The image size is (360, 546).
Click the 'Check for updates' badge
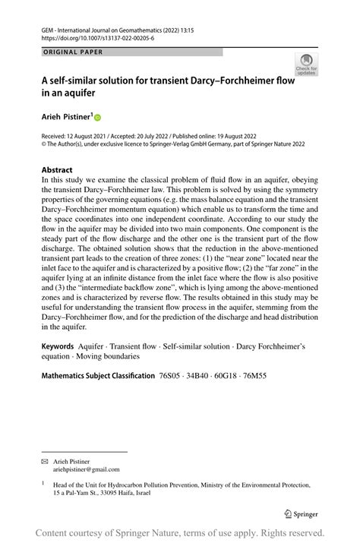(308, 64)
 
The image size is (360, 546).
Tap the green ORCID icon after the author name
(97, 117)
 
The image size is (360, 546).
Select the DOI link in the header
(94, 36)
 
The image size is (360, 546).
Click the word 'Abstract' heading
(57, 170)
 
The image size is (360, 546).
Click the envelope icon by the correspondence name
(44, 461)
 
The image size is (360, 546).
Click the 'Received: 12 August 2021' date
(79, 134)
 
